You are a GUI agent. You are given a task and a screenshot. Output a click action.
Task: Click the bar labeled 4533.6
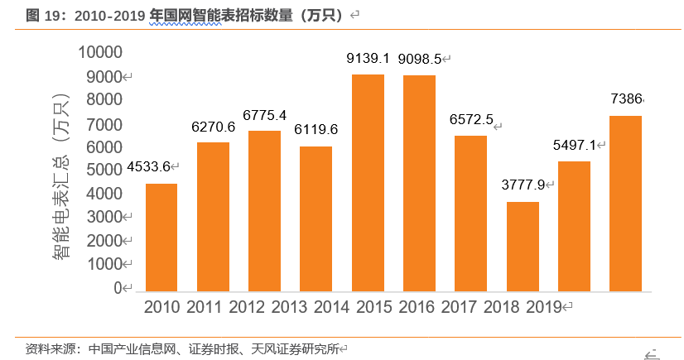click(x=161, y=238)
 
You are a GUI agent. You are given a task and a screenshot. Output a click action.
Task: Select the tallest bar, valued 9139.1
click(x=368, y=183)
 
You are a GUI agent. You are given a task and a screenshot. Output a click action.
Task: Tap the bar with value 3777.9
click(x=523, y=247)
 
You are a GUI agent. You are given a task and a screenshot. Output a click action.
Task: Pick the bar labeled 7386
click(x=625, y=204)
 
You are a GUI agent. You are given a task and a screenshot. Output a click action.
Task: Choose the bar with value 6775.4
click(x=265, y=211)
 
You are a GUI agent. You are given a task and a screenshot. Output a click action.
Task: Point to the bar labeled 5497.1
click(x=574, y=226)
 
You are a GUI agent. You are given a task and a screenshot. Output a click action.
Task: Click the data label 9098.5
click(x=419, y=59)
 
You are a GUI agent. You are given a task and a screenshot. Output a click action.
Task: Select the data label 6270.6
click(x=213, y=127)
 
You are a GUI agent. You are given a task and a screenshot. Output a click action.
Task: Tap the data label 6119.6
click(x=316, y=130)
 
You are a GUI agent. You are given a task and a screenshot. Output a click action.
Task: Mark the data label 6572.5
click(x=470, y=119)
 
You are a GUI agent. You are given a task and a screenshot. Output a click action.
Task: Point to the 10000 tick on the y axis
click(x=99, y=52)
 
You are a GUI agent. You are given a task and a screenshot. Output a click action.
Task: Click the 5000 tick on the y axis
click(x=105, y=170)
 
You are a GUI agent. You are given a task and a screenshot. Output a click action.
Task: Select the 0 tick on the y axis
click(x=117, y=288)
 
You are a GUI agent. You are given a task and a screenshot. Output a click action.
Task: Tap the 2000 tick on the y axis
click(x=105, y=241)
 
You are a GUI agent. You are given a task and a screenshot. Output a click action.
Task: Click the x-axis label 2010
click(x=161, y=307)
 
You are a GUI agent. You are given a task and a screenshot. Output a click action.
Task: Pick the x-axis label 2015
click(x=368, y=307)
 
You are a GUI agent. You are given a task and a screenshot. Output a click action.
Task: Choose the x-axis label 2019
click(x=542, y=307)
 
